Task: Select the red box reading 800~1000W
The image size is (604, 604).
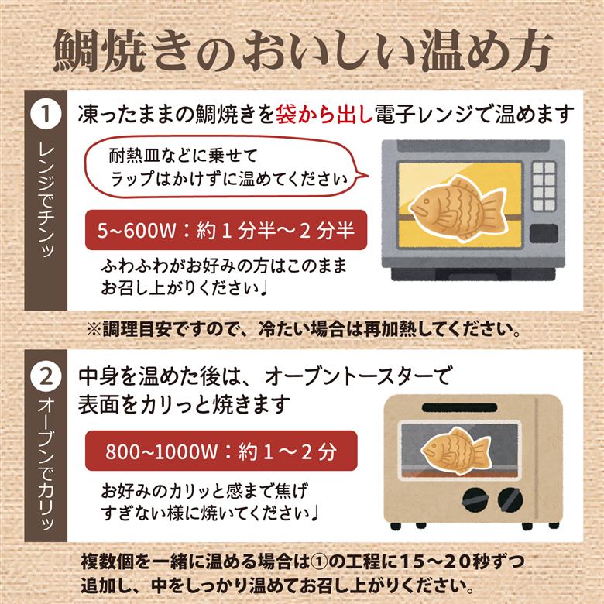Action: click(221, 450)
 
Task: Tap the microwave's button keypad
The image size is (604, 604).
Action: click(544, 186)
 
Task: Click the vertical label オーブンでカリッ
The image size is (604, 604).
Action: click(45, 465)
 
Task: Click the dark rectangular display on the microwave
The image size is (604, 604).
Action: click(544, 233)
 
